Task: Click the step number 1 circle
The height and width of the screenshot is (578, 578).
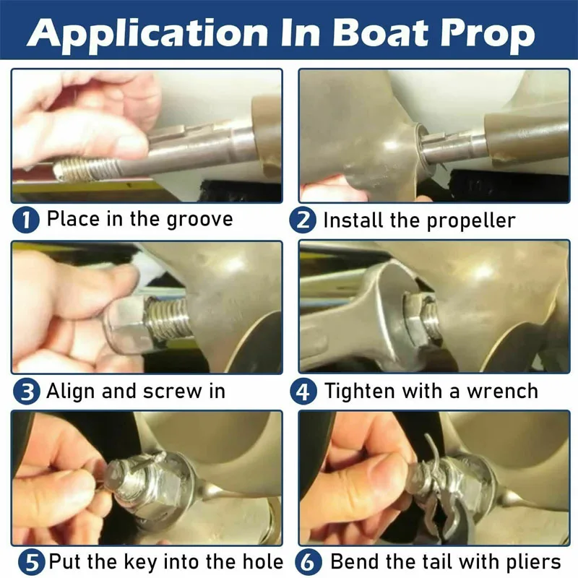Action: coord(26,220)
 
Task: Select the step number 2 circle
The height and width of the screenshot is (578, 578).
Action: coord(303,220)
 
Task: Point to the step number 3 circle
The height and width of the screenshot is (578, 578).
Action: coord(26,392)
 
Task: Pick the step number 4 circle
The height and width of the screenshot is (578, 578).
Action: coord(303,392)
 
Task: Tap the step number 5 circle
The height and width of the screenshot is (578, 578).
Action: coord(32,562)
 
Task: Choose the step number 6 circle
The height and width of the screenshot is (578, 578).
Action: coord(309,562)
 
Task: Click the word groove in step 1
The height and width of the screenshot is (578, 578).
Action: coord(199,220)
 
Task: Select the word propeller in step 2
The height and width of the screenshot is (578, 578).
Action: coord(471,221)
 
